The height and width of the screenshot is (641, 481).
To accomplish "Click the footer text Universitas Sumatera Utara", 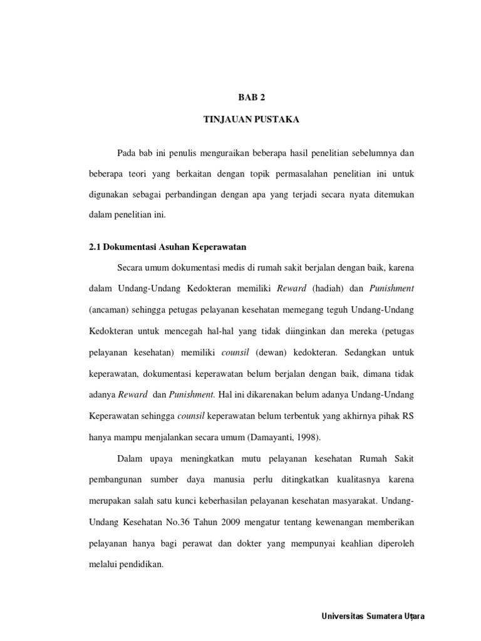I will pyautogui.click(x=373, y=617).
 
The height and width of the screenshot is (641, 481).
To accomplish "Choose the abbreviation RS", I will pyautogui.click(x=408, y=415).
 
